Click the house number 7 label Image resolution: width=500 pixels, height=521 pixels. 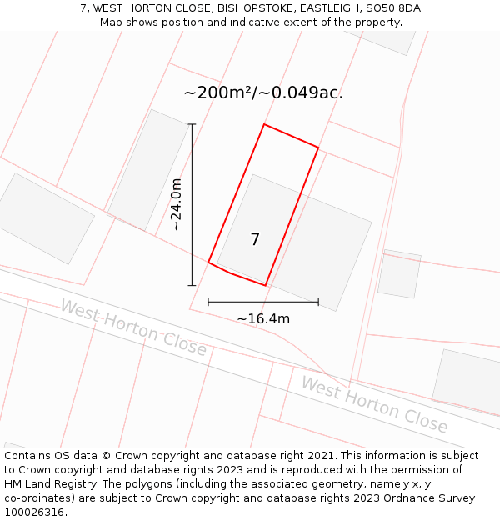(x=255, y=240)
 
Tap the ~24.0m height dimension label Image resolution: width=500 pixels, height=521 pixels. (x=177, y=204)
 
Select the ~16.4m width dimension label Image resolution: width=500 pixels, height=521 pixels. (x=263, y=318)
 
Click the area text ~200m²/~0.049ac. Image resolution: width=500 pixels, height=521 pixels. (x=263, y=93)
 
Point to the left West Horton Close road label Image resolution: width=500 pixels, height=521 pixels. (x=133, y=328)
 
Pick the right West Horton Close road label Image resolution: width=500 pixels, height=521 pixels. (x=374, y=404)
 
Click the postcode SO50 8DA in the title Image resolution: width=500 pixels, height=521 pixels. (x=392, y=8)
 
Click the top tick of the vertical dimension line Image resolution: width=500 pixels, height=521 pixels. (x=192, y=124)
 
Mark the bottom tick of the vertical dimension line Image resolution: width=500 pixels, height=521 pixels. (x=192, y=285)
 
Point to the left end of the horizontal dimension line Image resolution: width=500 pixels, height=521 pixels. (x=208, y=302)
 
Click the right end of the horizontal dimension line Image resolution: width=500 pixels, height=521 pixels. (x=318, y=302)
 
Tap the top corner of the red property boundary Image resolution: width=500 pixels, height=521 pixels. (x=264, y=124)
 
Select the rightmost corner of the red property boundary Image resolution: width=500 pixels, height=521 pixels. (x=318, y=148)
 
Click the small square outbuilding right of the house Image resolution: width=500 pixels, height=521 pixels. (x=399, y=273)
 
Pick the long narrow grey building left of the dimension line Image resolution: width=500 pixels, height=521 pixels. (x=147, y=171)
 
